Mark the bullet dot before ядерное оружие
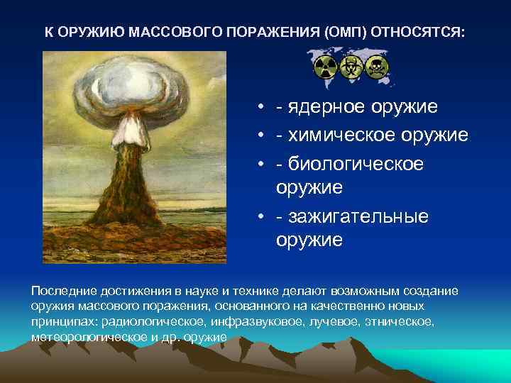tap(262, 107)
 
